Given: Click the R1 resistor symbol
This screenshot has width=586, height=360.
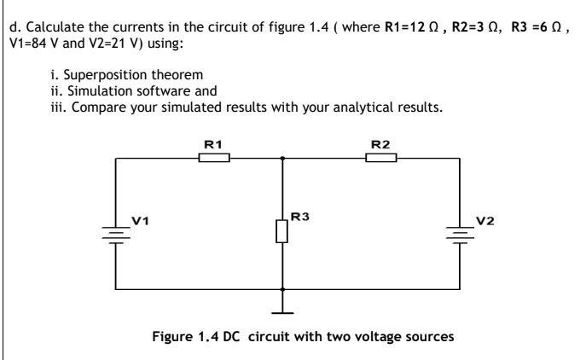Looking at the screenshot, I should pos(213,158).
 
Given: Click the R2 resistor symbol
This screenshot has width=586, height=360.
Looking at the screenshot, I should pos(381,158).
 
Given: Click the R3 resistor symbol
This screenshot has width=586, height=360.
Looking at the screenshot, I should pos(281,230).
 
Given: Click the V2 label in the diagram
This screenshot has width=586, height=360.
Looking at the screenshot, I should pos(484,221).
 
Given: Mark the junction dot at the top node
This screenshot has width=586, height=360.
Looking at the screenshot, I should pos(281,158).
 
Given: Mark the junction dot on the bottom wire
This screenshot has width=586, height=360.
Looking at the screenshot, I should pos(281,289).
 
